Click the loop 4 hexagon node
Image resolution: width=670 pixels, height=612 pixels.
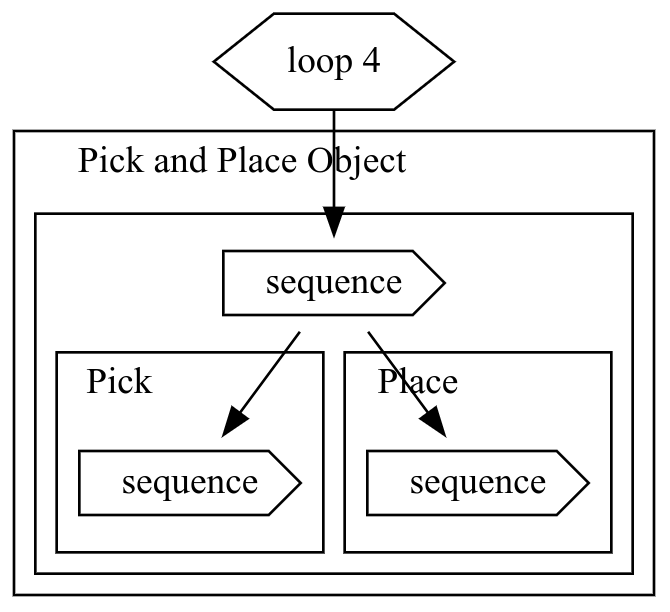(x=333, y=61)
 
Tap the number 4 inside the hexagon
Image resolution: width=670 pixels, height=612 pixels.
(x=371, y=62)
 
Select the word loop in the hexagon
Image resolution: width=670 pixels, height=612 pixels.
(x=315, y=62)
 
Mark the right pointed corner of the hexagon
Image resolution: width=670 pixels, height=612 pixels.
(x=453, y=62)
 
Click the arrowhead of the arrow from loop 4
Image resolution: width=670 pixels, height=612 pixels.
(x=333, y=222)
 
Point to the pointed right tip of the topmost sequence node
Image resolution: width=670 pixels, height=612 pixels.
(x=443, y=283)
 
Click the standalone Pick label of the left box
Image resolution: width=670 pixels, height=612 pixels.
(x=119, y=382)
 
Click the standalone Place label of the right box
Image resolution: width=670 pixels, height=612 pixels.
(x=418, y=382)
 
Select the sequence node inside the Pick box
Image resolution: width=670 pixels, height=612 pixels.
(x=189, y=483)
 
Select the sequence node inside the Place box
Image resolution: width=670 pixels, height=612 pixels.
(x=477, y=483)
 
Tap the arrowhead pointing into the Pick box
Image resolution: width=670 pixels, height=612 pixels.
(x=235, y=421)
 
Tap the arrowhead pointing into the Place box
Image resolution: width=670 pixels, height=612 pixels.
(x=431, y=421)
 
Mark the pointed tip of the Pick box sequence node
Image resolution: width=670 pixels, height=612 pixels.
(x=299, y=483)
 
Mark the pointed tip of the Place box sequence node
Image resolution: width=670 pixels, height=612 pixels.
(x=587, y=483)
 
